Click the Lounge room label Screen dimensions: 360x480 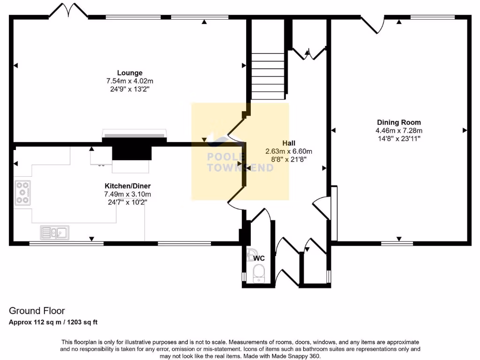[x=130, y=73]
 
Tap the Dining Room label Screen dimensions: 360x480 [x=398, y=122]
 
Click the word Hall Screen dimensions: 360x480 [x=289, y=143]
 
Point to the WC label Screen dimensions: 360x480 [x=260, y=258]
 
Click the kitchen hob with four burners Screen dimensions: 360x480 [x=22, y=192]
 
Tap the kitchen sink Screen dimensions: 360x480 [x=54, y=232]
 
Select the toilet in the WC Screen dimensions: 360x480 [x=258, y=273]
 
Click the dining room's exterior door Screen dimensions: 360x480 [x=370, y=25]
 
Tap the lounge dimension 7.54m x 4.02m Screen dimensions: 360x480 [x=130, y=81]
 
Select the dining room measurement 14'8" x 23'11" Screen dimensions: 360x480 [x=398, y=139]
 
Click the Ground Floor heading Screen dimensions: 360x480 [x=37, y=311]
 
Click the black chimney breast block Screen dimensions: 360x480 [x=132, y=152]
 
